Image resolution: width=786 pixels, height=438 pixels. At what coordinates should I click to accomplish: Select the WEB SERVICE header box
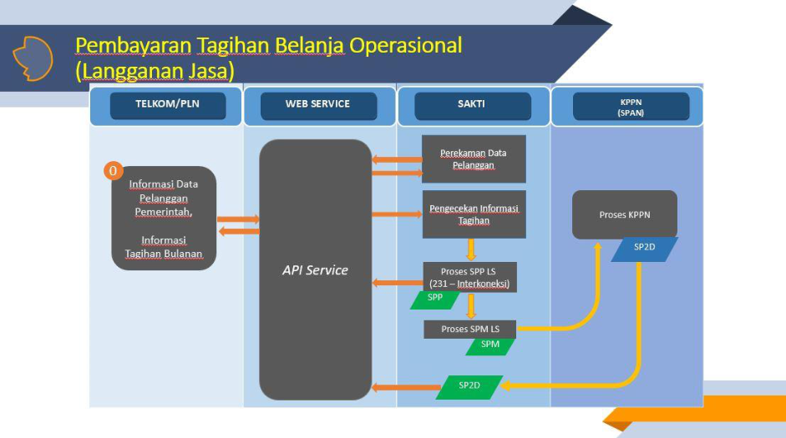tap(318, 105)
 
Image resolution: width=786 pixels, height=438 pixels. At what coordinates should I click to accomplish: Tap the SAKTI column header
tap(472, 105)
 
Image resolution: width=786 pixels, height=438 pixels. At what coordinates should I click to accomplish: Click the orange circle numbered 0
tap(114, 171)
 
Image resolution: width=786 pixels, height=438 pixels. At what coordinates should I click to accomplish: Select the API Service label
tap(314, 270)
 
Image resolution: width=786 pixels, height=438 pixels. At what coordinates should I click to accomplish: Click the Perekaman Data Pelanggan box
tap(474, 159)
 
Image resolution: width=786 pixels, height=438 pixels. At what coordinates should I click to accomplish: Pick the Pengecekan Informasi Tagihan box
tap(474, 214)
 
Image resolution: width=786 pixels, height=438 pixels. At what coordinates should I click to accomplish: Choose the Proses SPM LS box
tap(469, 329)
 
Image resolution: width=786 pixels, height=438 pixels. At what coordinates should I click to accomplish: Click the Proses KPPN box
tap(624, 214)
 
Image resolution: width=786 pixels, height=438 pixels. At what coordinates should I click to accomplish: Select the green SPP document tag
tap(435, 300)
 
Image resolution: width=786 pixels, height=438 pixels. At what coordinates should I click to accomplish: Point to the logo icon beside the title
tap(33, 58)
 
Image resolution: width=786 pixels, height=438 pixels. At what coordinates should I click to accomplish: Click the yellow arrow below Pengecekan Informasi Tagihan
tap(471, 249)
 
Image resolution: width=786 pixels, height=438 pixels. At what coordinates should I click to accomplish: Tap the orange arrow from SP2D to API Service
tap(405, 387)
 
